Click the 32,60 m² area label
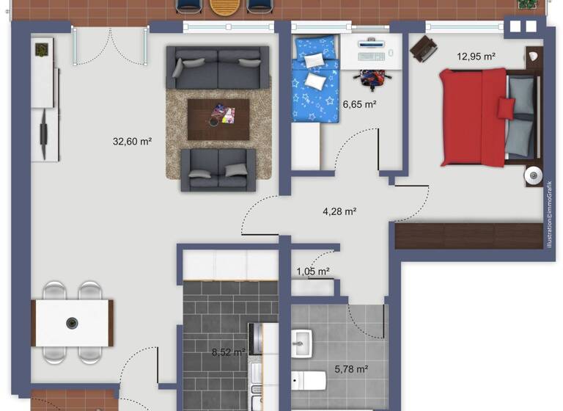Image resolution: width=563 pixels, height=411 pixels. point(132,142)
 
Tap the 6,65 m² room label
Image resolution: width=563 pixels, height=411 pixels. point(359,105)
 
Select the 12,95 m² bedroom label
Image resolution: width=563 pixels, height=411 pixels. point(476,56)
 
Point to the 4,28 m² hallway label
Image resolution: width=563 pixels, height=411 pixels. point(339,212)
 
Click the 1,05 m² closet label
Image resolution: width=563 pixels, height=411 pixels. point(312,272)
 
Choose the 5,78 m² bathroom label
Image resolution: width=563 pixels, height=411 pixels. point(351,369)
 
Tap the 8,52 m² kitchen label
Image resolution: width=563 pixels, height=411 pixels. point(227,352)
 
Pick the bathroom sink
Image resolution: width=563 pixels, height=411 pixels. point(301,342)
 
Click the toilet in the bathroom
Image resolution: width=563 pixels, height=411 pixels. point(308,380)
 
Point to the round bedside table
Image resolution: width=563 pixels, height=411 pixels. point(533,176)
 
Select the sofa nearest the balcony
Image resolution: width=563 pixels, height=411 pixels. point(217,68)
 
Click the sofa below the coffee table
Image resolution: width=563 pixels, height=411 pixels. point(218,170)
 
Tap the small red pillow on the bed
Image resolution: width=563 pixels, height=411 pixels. point(506,108)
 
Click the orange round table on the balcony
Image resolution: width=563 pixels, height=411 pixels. point(223,6)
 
